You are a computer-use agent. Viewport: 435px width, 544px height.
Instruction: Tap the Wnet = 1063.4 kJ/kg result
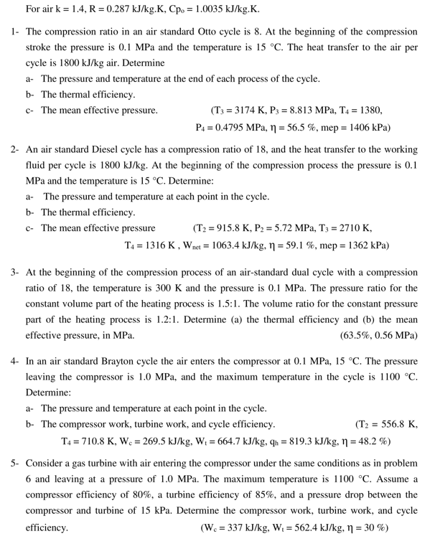pos(215,245)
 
